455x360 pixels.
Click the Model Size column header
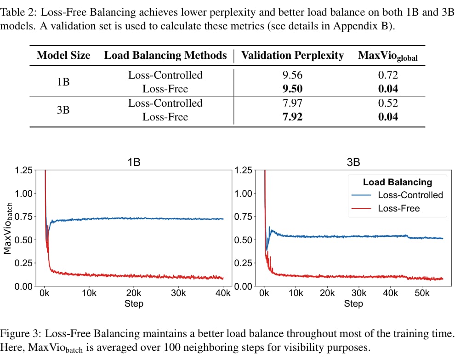coord(63,55)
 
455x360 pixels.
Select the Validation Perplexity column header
coord(292,55)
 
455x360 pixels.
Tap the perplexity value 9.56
coord(292,75)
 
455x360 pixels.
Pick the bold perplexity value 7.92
coord(292,117)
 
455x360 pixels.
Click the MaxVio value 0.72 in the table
coord(388,75)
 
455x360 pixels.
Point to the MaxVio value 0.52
coord(388,103)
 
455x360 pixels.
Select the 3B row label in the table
coord(63,110)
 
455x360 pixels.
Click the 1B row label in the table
coord(63,82)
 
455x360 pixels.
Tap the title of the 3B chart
coord(353,162)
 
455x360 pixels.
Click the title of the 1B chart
coord(134,162)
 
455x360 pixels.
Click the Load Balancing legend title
coord(398,182)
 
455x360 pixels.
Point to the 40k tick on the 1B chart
coord(223,293)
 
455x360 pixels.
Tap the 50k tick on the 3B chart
coord(422,293)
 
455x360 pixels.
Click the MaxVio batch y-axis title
coord(8,228)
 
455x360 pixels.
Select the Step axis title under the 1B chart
coord(134,303)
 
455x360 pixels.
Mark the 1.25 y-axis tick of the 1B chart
coord(24,170)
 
